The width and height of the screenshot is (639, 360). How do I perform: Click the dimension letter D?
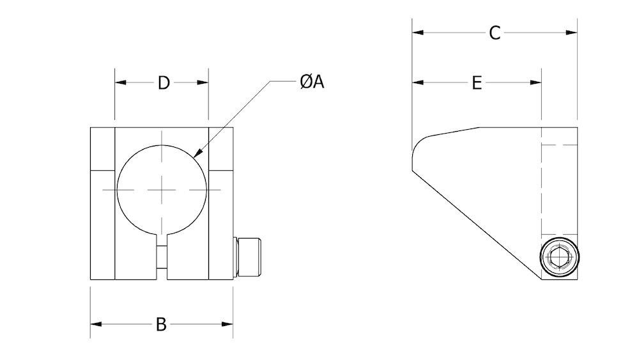[164, 83]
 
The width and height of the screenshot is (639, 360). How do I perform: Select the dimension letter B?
[162, 325]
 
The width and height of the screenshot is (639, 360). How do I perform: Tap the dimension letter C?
[494, 33]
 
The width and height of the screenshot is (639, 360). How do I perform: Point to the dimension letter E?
[477, 83]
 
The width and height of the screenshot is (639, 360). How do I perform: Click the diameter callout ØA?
[312, 82]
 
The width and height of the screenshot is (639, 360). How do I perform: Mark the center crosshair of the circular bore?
[162, 190]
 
